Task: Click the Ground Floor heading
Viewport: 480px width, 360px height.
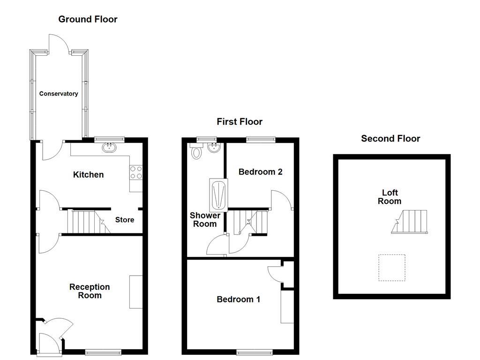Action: click(88, 19)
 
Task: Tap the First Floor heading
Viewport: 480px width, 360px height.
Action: click(239, 122)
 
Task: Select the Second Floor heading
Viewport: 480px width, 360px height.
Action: click(390, 138)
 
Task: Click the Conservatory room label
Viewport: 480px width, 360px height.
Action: click(59, 94)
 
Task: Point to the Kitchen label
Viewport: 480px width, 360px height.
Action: click(88, 175)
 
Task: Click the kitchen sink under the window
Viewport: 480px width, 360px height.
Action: click(110, 147)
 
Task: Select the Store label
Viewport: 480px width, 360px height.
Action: click(125, 220)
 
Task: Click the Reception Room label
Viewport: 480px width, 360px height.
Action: click(90, 291)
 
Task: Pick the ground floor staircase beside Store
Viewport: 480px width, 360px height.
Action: click(87, 222)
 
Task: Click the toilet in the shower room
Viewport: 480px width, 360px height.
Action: click(196, 151)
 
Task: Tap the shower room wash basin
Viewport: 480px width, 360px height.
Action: click(214, 149)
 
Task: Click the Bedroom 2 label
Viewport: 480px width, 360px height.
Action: click(260, 172)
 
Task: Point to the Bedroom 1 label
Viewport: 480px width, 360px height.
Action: click(238, 300)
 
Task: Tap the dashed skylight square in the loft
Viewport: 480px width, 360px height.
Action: click(391, 268)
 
